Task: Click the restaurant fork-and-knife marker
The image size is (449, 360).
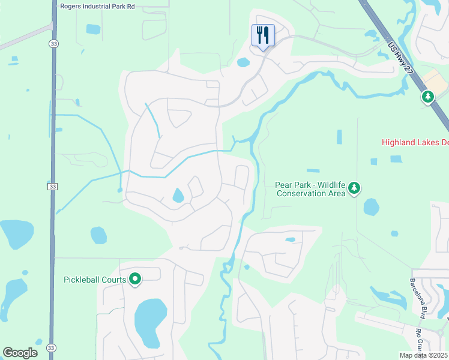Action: [x=262, y=35]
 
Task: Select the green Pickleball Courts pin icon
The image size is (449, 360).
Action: [x=136, y=279]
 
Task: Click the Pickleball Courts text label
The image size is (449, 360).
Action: [x=95, y=280]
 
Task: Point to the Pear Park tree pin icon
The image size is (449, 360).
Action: [x=355, y=188]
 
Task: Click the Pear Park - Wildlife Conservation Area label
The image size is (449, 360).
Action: [x=310, y=189]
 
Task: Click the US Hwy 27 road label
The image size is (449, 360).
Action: [x=400, y=57]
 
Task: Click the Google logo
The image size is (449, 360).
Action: [x=20, y=352]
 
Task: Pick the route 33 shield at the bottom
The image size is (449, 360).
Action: [x=51, y=348]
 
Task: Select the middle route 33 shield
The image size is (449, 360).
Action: [x=52, y=187]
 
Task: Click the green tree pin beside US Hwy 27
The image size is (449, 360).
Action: [x=427, y=96]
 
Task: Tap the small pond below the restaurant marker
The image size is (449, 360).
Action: [x=243, y=62]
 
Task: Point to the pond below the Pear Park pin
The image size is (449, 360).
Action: [x=371, y=207]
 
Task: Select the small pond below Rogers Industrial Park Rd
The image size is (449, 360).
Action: [x=93, y=29]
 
